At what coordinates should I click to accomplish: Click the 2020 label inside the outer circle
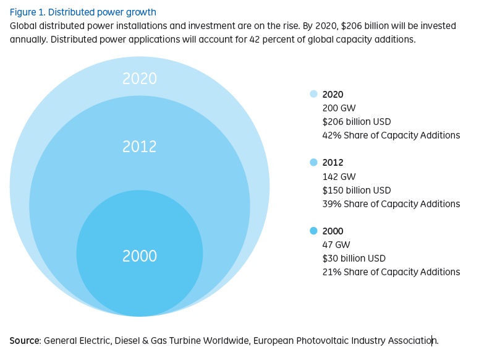[140, 79]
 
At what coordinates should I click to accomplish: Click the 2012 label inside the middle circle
[140, 147]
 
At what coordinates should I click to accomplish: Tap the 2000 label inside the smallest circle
[140, 255]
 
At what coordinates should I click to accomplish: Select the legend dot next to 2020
[313, 95]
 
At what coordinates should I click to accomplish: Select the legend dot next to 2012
[313, 163]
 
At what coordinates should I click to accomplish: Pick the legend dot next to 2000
[313, 231]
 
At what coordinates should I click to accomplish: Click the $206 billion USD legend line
[357, 122]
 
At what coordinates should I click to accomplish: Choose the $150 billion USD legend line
[357, 190]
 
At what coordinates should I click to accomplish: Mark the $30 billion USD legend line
[354, 258]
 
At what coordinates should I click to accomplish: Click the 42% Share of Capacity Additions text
[391, 135]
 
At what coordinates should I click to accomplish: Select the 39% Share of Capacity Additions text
[391, 204]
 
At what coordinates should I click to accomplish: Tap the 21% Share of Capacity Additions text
[391, 272]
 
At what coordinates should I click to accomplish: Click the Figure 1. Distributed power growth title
[83, 12]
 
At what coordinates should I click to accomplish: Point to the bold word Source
[25, 341]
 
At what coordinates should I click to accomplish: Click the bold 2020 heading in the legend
[333, 95]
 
